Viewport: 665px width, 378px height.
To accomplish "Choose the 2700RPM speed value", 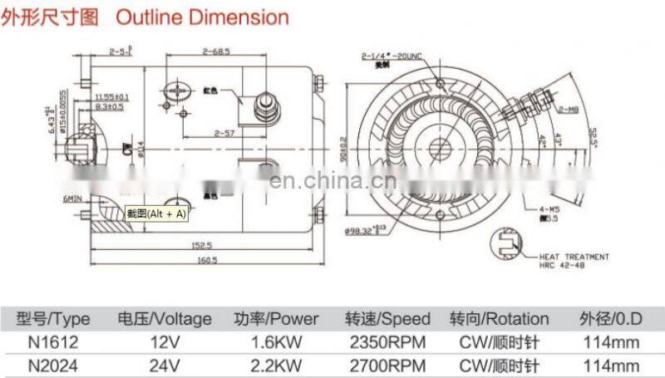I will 387,365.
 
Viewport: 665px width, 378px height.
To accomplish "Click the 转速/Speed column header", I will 387,319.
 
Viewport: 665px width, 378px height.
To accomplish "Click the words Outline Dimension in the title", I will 202,17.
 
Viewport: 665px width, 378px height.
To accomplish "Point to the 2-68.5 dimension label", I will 216,52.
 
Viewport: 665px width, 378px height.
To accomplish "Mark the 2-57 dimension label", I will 224,133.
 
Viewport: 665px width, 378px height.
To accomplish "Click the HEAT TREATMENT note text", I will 574,257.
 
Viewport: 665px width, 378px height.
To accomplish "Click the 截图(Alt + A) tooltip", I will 155,214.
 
